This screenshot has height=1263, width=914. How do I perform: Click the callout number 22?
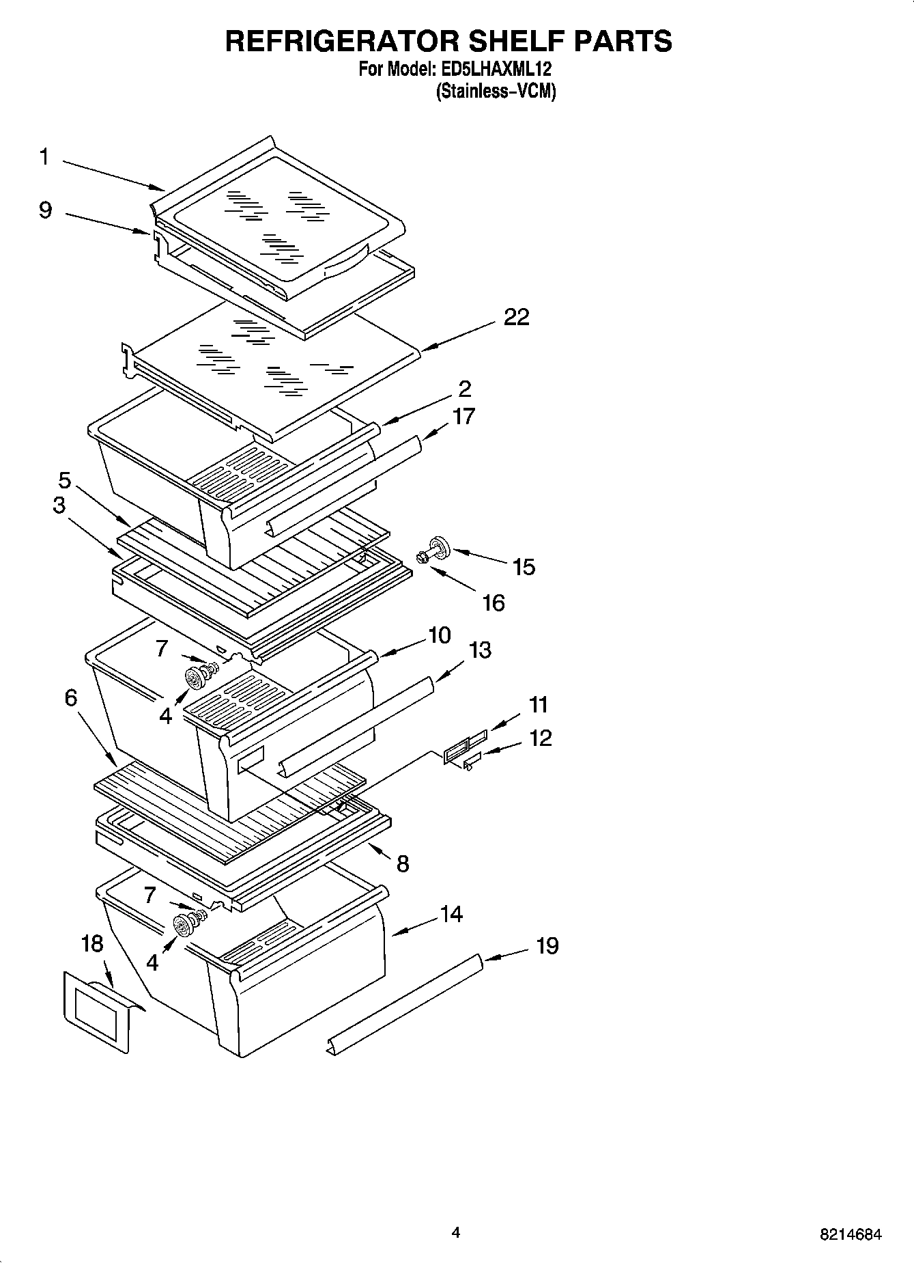coord(516,318)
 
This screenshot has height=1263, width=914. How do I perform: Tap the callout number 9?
coord(45,210)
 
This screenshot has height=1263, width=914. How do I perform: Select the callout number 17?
coord(463,416)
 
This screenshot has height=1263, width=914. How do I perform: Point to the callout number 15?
coord(524,567)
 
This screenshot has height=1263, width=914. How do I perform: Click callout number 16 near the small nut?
coord(493,602)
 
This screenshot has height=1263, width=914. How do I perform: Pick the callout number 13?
coord(480,650)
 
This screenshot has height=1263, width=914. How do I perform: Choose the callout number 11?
coord(539,704)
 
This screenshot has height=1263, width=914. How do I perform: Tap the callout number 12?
coord(540,738)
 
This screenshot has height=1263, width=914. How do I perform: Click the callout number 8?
coord(403,864)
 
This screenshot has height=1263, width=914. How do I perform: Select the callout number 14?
coord(451,914)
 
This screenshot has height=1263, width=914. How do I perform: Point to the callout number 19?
coord(547,946)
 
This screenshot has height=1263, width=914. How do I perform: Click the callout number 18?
coord(91,944)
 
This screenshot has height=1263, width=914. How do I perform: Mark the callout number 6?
coord(72,698)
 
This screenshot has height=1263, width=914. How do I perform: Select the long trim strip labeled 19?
coord(406,1005)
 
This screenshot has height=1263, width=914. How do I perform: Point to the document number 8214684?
coord(850,1234)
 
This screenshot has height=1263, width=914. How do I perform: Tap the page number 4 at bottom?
coord(456,1232)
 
